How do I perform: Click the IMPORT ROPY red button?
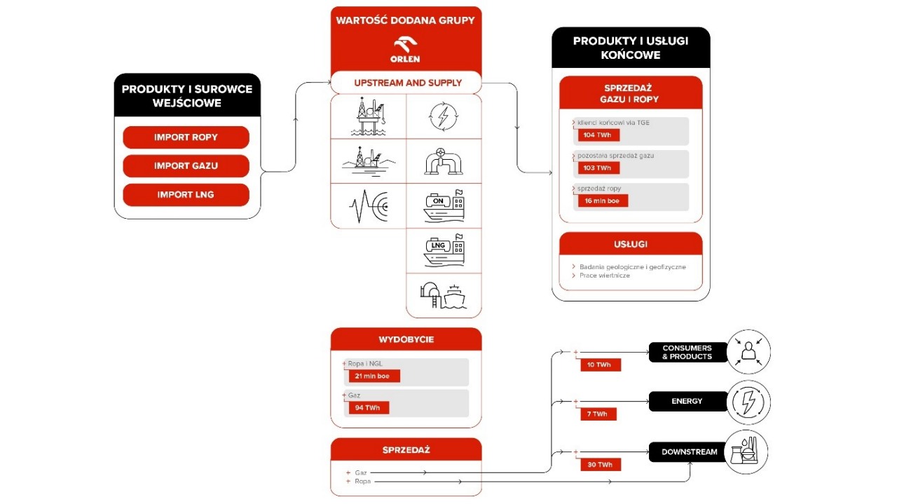click(x=186, y=137)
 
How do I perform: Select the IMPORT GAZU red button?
click(x=186, y=166)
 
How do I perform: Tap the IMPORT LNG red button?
click(x=186, y=195)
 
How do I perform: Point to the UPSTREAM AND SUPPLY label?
click(x=407, y=83)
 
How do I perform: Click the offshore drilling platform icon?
click(x=367, y=116)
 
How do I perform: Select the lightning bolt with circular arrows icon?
click(x=444, y=117)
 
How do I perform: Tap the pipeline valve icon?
click(x=443, y=162)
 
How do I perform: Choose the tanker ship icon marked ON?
click(x=443, y=205)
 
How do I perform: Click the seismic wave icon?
click(x=368, y=206)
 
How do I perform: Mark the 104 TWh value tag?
click(x=598, y=135)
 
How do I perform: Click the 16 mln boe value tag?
click(x=603, y=200)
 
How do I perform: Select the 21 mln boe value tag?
click(x=374, y=376)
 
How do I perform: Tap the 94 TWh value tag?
click(x=369, y=408)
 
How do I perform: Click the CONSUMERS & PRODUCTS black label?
click(x=687, y=352)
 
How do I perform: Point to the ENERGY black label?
click(x=687, y=402)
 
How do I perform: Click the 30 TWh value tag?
click(x=601, y=465)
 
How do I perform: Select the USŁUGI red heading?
click(x=631, y=245)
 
